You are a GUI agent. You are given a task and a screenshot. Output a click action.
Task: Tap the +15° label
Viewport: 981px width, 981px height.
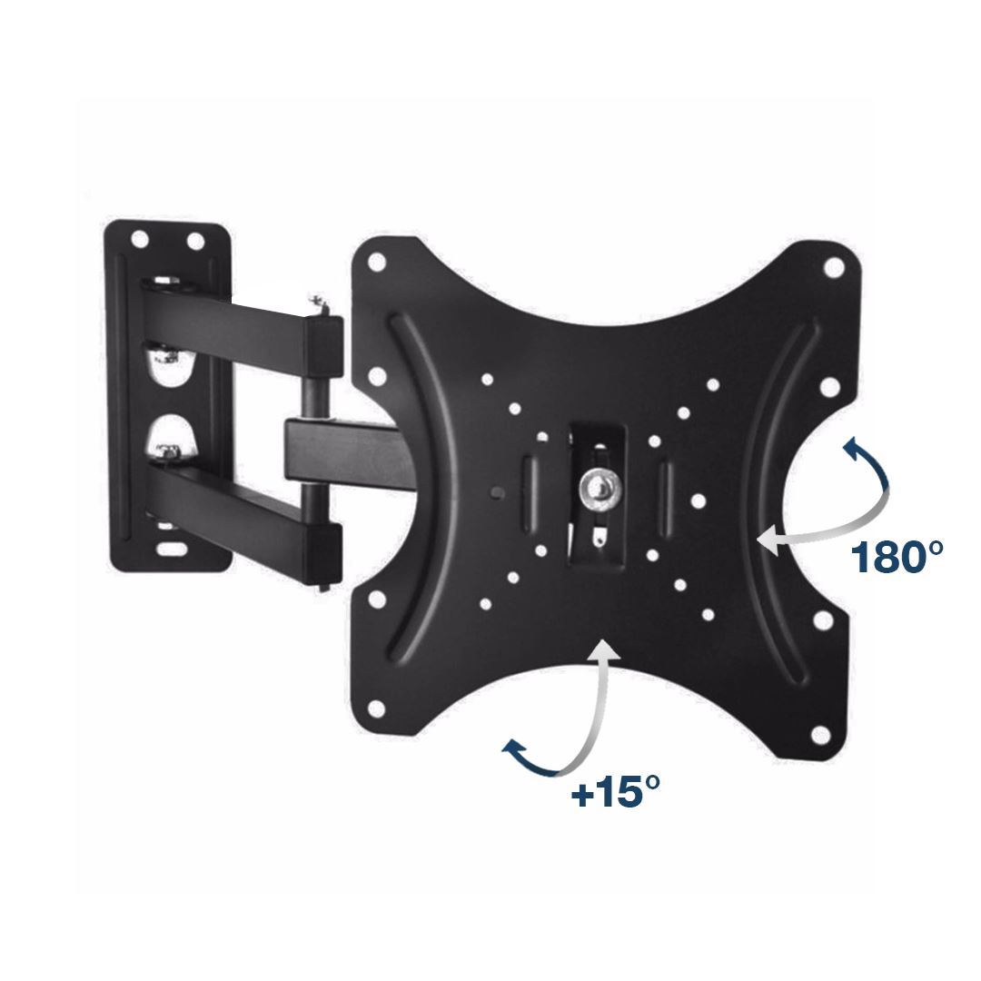point(615,794)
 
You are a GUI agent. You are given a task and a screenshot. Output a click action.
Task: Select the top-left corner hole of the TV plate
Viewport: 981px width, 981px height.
point(377,262)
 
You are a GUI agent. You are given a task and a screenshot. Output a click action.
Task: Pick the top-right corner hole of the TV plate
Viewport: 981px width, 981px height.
point(833,268)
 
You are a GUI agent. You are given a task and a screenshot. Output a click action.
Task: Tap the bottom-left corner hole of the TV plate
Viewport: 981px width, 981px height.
point(376,708)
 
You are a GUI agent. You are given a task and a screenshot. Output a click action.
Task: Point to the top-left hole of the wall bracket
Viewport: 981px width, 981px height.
point(140,239)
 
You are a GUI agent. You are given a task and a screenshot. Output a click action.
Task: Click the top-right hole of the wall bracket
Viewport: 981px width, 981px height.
point(195,241)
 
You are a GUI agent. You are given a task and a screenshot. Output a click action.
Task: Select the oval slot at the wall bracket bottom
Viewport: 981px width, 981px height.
point(170,550)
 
